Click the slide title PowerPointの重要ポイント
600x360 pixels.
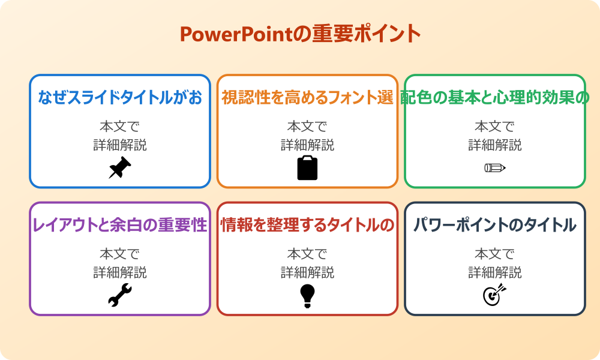(300, 34)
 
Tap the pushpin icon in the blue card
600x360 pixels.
(120, 168)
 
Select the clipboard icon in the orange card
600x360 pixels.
(307, 168)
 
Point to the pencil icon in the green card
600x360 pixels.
(495, 167)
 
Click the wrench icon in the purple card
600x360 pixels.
(120, 295)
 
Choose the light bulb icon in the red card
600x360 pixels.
(307, 295)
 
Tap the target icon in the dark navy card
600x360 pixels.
(495, 295)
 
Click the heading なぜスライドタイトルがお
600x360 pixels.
(120, 97)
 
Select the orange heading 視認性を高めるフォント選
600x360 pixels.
(307, 97)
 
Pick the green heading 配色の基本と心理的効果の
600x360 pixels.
(495, 97)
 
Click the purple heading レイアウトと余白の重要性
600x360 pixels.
(120, 225)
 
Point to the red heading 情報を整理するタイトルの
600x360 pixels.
(307, 225)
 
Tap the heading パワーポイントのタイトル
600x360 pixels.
(495, 225)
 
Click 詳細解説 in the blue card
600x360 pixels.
(120, 145)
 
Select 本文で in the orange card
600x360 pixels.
(307, 127)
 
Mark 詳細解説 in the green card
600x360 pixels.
(495, 145)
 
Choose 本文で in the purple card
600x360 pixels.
(120, 254)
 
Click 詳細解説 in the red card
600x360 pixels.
(307, 272)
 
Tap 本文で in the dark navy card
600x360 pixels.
(495, 254)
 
